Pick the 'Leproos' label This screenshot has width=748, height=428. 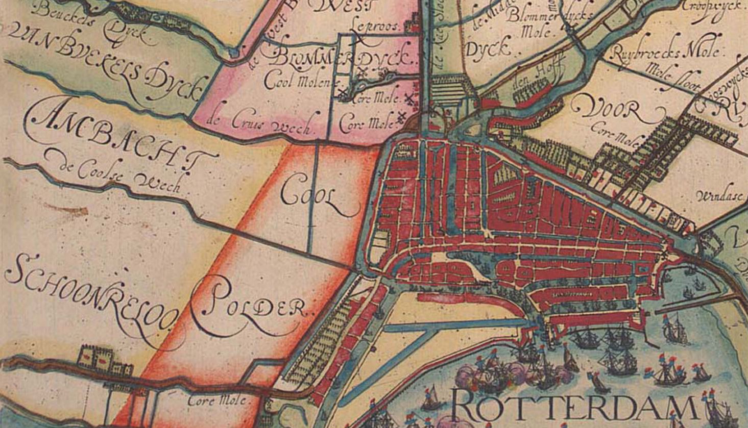point(375,27)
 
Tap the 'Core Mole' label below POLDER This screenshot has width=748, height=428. point(216,400)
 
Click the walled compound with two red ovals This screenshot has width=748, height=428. point(105,361)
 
